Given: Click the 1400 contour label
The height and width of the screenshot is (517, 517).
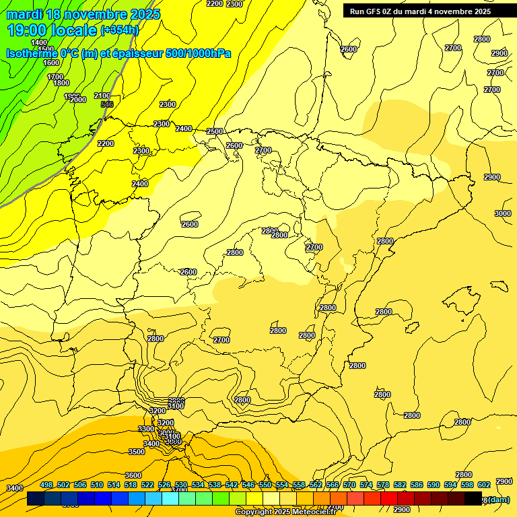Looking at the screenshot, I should click(x=39, y=42).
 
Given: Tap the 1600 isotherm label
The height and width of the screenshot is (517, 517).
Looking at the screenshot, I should click(x=51, y=63).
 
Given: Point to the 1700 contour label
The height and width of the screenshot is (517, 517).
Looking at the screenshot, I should click(x=55, y=77).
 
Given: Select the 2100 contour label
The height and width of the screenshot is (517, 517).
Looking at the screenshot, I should click(x=102, y=96).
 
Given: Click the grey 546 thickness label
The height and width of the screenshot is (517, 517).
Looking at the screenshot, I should click(x=106, y=104).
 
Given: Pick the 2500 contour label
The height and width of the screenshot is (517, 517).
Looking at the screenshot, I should click(x=215, y=131).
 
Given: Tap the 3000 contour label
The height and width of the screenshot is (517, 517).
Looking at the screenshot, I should click(x=502, y=213).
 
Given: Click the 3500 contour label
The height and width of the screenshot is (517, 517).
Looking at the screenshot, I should click(x=137, y=452).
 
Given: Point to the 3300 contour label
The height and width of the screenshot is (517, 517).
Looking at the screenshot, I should click(x=146, y=429).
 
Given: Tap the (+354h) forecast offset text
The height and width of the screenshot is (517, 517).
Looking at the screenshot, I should click(x=119, y=30).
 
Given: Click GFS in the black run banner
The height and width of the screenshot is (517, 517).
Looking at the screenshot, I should click(x=380, y=11).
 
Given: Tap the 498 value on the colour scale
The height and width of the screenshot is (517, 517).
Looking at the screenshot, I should click(x=46, y=485).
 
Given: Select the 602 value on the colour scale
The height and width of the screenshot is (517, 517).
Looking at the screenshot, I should click(x=483, y=485).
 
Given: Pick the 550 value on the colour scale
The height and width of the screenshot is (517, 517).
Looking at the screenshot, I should click(x=265, y=485).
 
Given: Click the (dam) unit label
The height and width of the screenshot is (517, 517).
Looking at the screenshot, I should click(x=498, y=499).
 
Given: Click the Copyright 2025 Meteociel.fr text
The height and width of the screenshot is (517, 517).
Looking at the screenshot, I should click(x=285, y=512).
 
